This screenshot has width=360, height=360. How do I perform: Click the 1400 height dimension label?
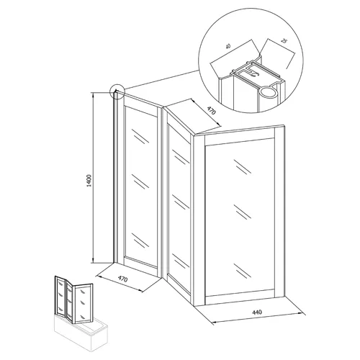pyautogui.click(x=89, y=181)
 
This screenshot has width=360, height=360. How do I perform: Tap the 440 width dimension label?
pyautogui.click(x=257, y=312)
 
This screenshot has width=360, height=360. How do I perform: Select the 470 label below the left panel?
pyautogui.click(x=122, y=279)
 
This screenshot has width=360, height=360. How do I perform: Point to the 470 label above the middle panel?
pyautogui.click(x=211, y=111)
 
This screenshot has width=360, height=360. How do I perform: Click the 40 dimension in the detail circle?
pyautogui.click(x=229, y=46)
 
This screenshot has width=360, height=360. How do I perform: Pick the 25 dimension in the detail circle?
pyautogui.click(x=284, y=41)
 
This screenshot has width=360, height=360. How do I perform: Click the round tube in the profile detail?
pyautogui.click(x=268, y=92)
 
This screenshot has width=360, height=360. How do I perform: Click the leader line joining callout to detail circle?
pyautogui.click(x=161, y=79)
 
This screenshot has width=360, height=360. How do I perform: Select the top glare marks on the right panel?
pyautogui.click(x=243, y=166)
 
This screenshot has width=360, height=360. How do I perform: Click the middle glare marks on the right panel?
pyautogui.click(x=243, y=212)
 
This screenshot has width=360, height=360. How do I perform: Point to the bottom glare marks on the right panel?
pyautogui.click(x=243, y=271)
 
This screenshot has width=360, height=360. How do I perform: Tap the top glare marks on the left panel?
pyautogui.click(x=140, y=136)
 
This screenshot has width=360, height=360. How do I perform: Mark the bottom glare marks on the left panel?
pyautogui.click(x=140, y=240)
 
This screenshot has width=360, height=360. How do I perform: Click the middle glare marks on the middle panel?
pyautogui.click(x=181, y=202)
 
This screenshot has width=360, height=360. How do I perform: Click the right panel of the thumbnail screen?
pyautogui.click(x=84, y=303)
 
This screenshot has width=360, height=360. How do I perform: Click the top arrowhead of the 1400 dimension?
pyautogui.click(x=93, y=95)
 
